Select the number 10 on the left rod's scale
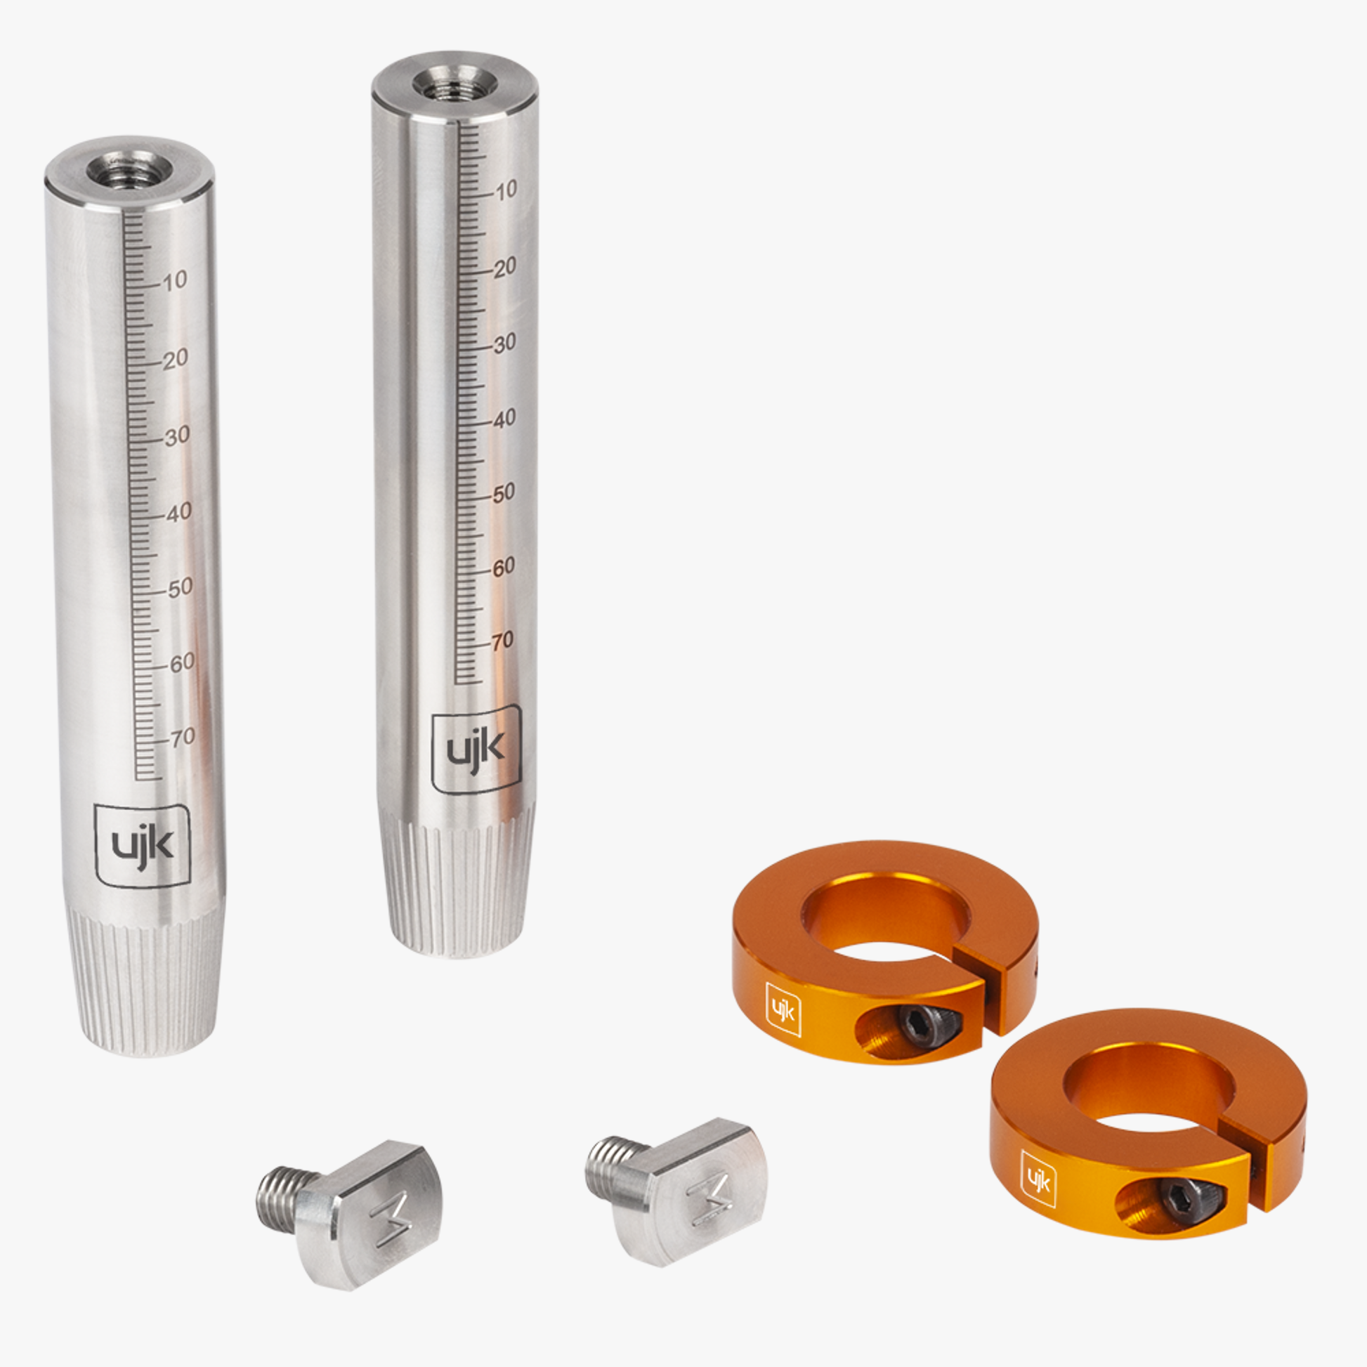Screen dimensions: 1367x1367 pyautogui.click(x=175, y=281)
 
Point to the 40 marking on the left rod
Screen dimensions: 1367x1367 pyautogui.click(x=179, y=511)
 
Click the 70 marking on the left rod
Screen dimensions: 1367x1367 pyautogui.click(x=183, y=738)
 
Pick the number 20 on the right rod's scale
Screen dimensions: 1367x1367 pyautogui.click(x=504, y=268)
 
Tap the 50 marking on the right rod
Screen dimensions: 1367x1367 pyautogui.click(x=503, y=493)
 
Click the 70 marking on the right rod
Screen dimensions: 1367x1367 pyautogui.click(x=502, y=641)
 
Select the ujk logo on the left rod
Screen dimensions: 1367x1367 pyautogui.click(x=143, y=846)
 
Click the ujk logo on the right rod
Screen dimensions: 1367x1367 pyautogui.click(x=477, y=750)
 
